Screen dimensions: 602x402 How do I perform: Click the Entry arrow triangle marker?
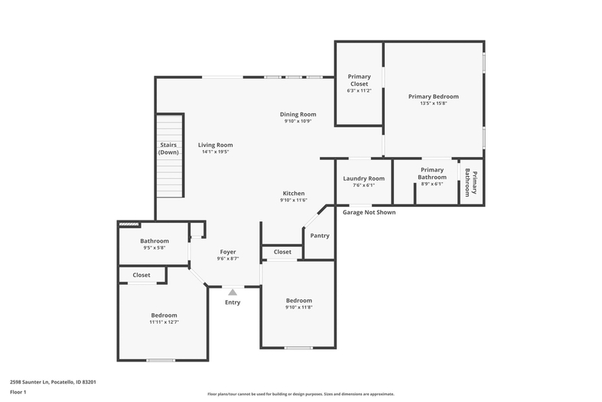233,292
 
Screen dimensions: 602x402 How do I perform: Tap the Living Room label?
216,145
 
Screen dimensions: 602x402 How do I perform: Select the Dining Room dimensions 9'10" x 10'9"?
298,121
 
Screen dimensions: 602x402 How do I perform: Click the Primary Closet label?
360,80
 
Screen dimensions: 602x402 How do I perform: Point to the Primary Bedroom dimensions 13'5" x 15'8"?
434,103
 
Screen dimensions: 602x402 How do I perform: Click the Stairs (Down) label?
168,149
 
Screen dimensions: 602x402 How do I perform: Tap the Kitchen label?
294,193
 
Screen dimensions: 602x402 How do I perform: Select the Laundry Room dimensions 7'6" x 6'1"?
363,185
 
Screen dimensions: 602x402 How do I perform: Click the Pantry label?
320,236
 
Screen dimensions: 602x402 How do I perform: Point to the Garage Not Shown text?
369,212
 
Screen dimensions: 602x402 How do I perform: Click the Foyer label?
228,252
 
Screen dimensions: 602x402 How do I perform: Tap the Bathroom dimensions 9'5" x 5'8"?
155,248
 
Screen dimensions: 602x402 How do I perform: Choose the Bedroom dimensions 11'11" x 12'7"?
164,322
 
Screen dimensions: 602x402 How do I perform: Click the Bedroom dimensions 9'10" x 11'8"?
298,307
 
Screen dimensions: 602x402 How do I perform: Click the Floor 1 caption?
18,392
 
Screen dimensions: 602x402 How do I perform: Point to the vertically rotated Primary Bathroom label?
471,183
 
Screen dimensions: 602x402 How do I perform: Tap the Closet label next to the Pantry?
282,252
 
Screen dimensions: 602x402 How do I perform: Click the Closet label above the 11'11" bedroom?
142,275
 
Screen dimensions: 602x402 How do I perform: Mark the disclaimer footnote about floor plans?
301,394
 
